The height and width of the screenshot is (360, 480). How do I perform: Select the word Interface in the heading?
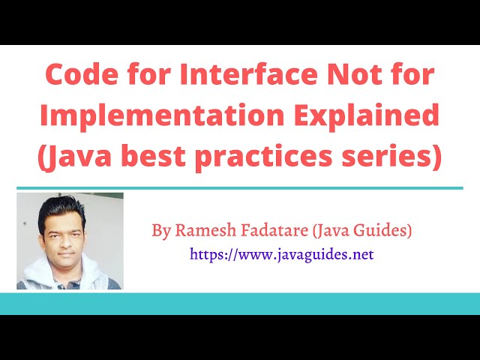coord(242,76)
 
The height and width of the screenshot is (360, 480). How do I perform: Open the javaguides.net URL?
coord(281,254)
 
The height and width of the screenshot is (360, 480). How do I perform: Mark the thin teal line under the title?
coord(240,188)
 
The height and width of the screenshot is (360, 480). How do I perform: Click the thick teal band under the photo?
coord(240,304)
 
